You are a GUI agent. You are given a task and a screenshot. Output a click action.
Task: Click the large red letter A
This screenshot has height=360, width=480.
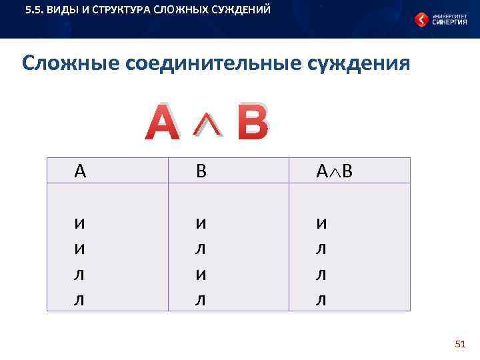click(163, 123)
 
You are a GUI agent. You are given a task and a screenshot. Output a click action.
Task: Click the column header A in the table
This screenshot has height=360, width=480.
click(80, 171)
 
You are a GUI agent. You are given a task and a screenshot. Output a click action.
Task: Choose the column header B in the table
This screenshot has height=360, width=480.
click(201, 171)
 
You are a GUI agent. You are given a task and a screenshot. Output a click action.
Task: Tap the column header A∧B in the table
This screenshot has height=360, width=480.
click(334, 171)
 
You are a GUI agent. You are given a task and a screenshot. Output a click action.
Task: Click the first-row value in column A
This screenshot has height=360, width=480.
click(80, 225)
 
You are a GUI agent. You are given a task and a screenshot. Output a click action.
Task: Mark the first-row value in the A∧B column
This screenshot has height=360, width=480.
click(321, 225)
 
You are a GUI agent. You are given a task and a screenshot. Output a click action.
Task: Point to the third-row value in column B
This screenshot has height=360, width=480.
click(201, 275)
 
